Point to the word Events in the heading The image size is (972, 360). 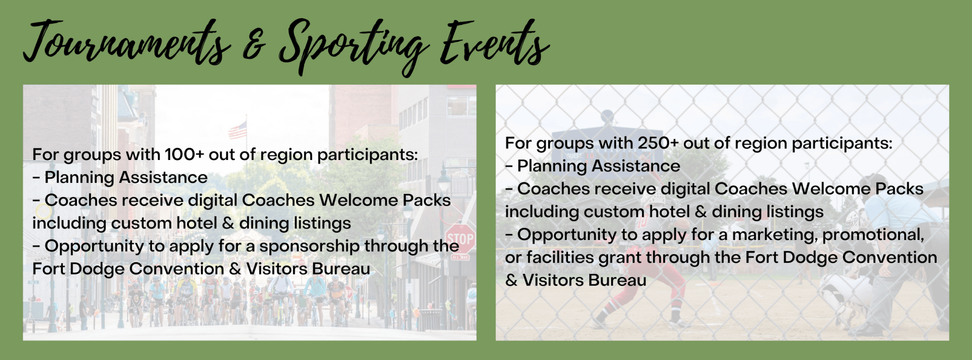click(494, 44)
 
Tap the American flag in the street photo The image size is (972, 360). click(237, 130)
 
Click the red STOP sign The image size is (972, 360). click(460, 239)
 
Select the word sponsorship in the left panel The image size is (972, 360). click(310, 247)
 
